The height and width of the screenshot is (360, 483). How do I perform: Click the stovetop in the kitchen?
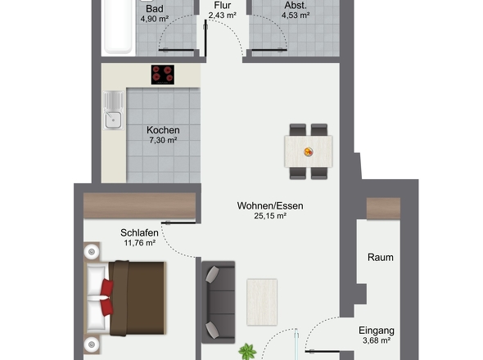(x=163, y=74)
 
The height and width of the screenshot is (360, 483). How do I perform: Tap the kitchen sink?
(x=113, y=110)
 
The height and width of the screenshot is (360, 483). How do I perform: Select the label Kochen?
(x=163, y=130)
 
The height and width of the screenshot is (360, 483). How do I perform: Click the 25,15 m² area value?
(x=270, y=216)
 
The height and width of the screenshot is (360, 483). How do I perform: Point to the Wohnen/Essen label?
(x=270, y=205)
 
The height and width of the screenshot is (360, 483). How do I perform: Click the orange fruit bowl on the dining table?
(x=309, y=152)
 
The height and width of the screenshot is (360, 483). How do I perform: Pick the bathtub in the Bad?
(x=118, y=27)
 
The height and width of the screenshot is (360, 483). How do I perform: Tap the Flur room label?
(x=223, y=5)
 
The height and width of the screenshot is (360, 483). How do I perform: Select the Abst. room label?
(x=296, y=5)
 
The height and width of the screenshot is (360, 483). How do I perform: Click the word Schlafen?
(x=139, y=233)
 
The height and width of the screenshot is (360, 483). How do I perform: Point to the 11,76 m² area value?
(x=139, y=243)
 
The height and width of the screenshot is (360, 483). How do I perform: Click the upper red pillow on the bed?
(x=107, y=288)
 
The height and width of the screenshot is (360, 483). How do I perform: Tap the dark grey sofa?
(x=218, y=302)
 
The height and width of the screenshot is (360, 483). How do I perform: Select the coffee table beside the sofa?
(x=262, y=302)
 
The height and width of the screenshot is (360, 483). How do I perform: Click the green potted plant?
(x=247, y=352)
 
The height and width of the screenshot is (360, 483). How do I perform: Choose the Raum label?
(x=381, y=257)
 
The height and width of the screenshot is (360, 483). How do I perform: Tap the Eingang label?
(x=377, y=331)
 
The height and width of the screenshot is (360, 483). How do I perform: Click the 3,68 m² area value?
(x=377, y=340)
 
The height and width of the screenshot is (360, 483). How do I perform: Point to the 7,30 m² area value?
(x=163, y=141)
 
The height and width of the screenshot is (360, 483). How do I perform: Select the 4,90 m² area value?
(x=155, y=19)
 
